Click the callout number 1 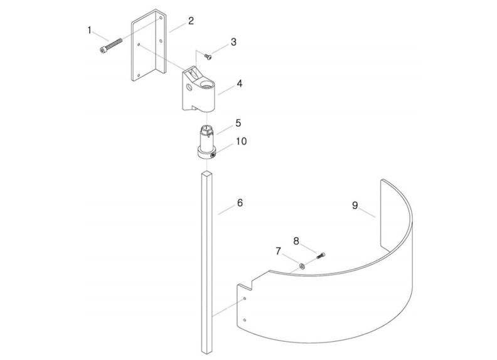tap(90, 29)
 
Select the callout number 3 tap(233, 42)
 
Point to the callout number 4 tap(239, 83)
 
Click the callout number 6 tap(239, 203)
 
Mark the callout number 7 tap(278, 251)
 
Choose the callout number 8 tap(297, 240)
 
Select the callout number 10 tap(241, 142)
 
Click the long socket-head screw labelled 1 tap(112, 46)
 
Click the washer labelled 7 tap(301, 266)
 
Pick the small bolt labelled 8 tap(321, 255)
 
